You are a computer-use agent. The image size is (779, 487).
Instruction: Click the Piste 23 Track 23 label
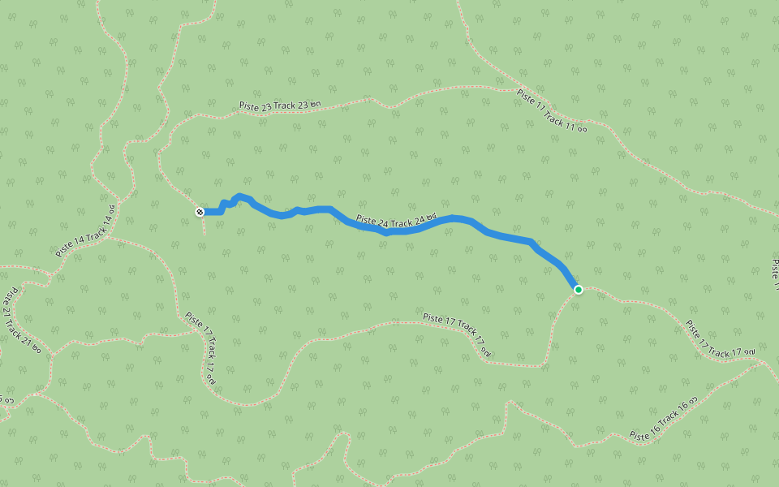(x=281, y=106)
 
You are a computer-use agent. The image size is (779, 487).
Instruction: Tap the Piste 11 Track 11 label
(x=551, y=110)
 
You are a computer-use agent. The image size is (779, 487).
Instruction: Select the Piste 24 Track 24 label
(x=396, y=220)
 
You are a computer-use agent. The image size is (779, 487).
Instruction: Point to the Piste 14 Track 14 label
(x=85, y=231)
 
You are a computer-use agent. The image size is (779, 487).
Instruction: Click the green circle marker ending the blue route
(x=578, y=290)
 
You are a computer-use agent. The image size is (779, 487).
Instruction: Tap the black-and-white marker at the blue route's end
(x=200, y=212)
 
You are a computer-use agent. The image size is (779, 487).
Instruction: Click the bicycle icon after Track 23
(x=316, y=103)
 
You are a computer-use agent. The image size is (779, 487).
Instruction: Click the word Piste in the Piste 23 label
(x=249, y=107)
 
